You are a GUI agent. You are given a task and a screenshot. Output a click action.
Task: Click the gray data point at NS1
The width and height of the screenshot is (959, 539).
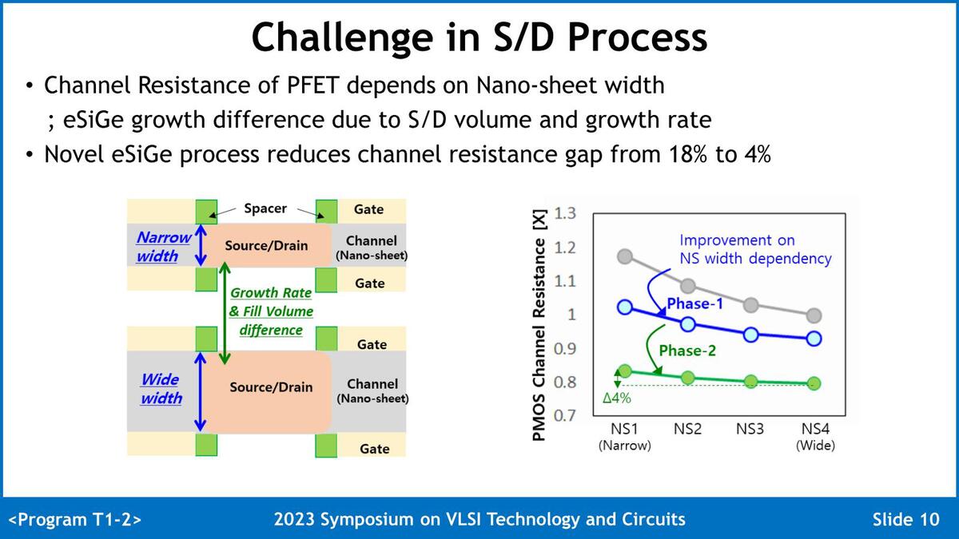point(625,256)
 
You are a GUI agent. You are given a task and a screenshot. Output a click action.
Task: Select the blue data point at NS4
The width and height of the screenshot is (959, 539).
point(814,338)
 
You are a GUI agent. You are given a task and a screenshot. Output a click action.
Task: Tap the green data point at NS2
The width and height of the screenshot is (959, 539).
point(687,377)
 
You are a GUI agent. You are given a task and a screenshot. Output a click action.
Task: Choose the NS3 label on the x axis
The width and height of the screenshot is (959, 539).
point(750,429)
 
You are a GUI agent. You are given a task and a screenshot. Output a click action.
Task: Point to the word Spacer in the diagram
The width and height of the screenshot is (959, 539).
point(265,208)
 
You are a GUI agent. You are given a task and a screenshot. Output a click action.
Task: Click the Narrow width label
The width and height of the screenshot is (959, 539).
point(162,247)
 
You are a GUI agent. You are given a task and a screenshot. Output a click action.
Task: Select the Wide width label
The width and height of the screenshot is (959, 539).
point(161,389)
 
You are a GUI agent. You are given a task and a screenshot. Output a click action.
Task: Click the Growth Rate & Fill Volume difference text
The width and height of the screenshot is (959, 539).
point(271,311)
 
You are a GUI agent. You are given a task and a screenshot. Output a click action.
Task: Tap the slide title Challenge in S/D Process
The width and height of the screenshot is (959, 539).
point(479,38)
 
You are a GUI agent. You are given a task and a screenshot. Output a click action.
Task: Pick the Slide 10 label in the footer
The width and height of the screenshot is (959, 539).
point(905,520)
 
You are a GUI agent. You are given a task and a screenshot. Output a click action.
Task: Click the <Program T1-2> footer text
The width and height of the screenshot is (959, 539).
point(75,520)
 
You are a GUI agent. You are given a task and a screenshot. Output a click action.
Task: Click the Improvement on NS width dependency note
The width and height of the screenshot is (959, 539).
point(754,249)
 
